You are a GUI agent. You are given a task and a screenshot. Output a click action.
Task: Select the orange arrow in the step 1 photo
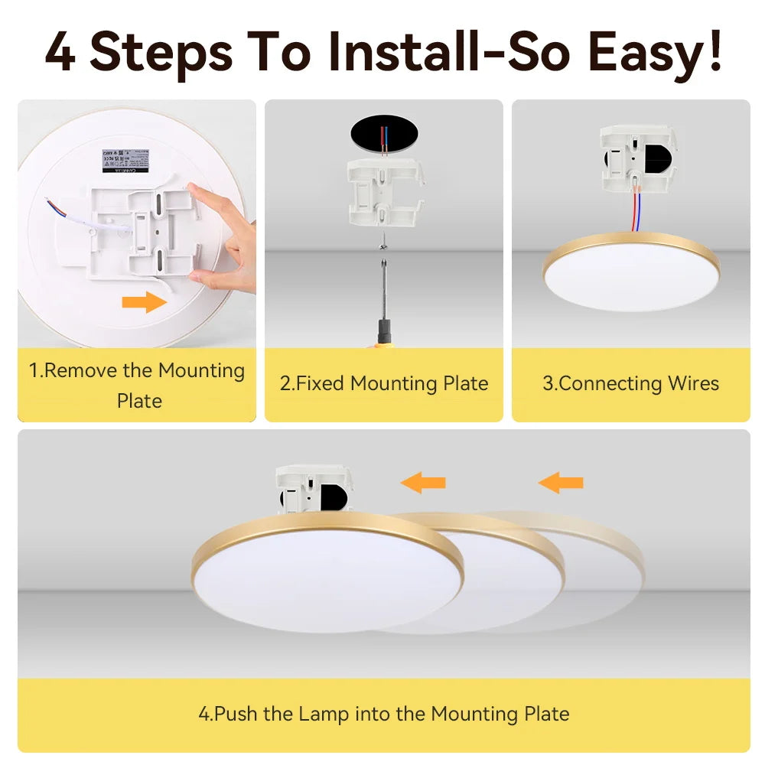144,302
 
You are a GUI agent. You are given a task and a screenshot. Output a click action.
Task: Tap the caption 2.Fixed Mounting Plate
384,383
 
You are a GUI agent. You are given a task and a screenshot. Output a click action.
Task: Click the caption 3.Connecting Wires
630,383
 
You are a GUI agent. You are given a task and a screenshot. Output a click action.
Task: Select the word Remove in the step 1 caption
82,371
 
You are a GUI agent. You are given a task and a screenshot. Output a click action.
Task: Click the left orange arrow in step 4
423,482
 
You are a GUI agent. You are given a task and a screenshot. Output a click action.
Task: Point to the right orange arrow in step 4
561,482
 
